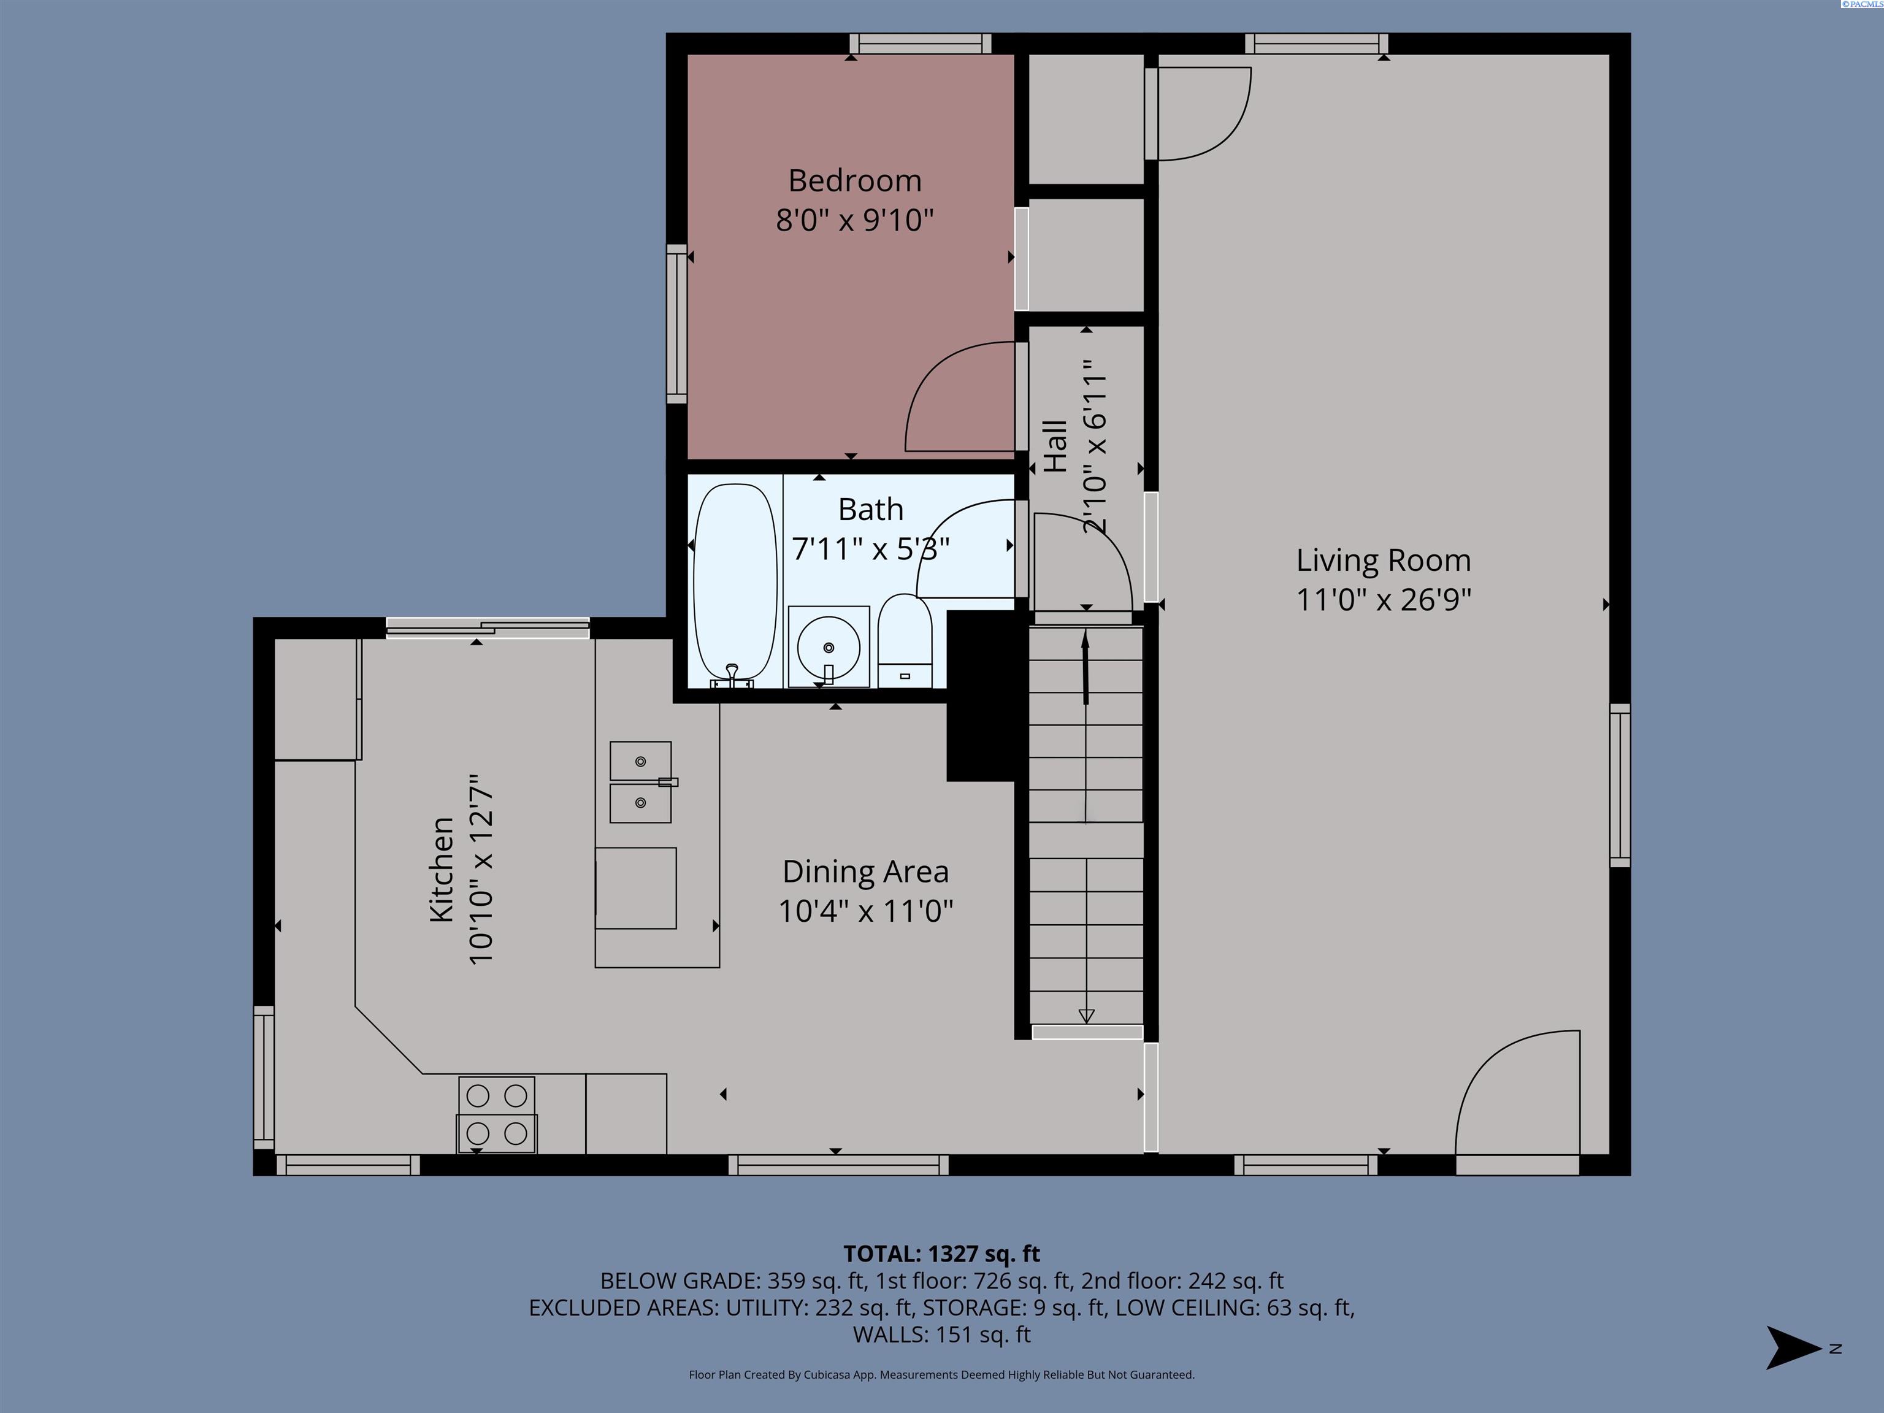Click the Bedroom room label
[x=854, y=180]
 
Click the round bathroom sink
[x=828, y=647]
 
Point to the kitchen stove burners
[x=497, y=1114]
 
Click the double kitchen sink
[x=640, y=782]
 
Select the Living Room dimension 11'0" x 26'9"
[x=1383, y=600]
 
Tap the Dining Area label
[x=865, y=871]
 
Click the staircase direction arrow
[x=1085, y=668]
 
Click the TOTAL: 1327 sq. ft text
[x=941, y=1254]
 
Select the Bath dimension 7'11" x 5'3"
[x=870, y=548]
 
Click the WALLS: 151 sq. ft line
[x=941, y=1334]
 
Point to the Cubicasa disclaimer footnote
[x=941, y=1375]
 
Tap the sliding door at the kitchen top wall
[x=487, y=629]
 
